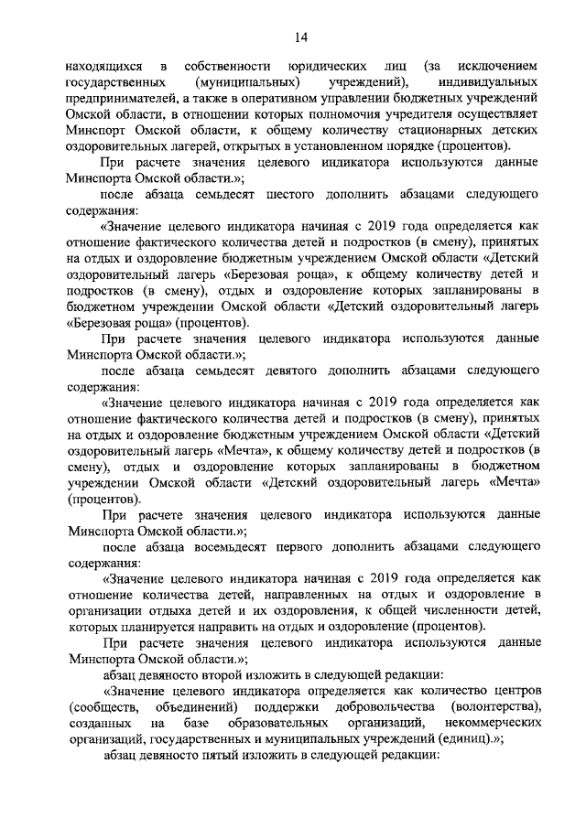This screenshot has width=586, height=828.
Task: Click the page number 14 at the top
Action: (301, 37)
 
